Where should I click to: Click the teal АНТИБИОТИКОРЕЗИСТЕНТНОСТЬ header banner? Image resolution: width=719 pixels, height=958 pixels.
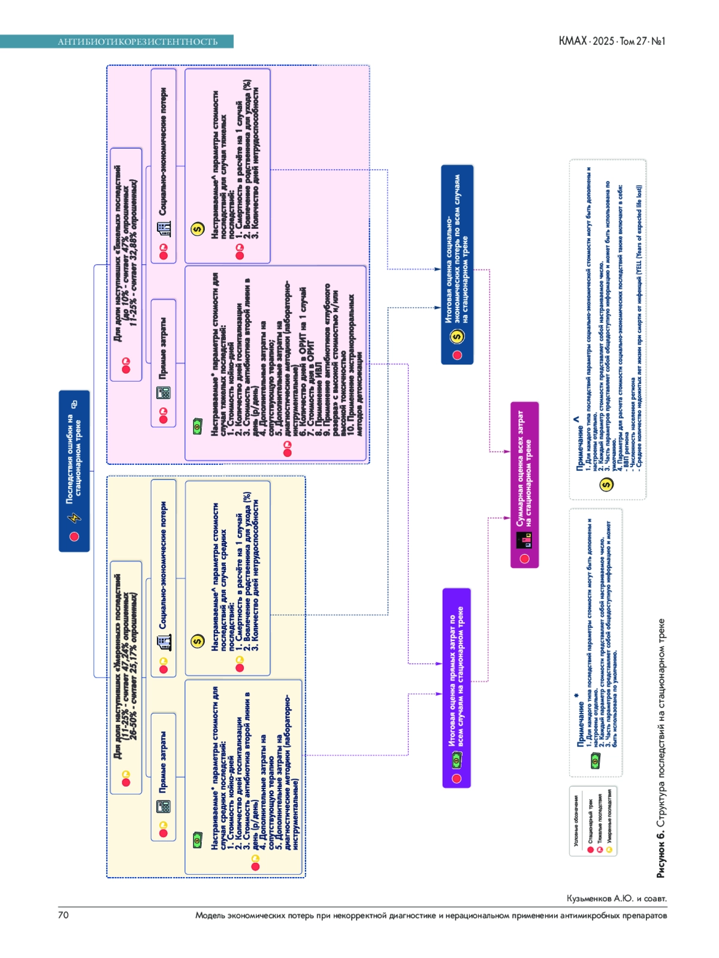(x=137, y=41)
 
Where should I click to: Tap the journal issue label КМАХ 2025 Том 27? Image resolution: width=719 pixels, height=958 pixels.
(x=612, y=41)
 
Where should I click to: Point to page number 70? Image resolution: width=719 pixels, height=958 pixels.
(x=64, y=915)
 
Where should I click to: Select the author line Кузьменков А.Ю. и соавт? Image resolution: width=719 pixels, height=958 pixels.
(x=617, y=899)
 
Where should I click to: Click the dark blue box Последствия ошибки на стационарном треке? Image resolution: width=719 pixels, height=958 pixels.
(x=74, y=471)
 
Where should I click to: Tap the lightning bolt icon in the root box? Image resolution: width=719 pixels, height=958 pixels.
(x=75, y=517)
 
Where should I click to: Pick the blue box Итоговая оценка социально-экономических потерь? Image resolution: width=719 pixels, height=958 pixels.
(x=457, y=264)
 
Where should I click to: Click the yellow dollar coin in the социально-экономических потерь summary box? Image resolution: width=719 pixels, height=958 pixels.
(x=458, y=337)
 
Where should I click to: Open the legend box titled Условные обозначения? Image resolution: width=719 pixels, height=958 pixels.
(x=593, y=820)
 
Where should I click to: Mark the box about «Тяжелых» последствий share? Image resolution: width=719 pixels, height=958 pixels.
(x=126, y=264)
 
